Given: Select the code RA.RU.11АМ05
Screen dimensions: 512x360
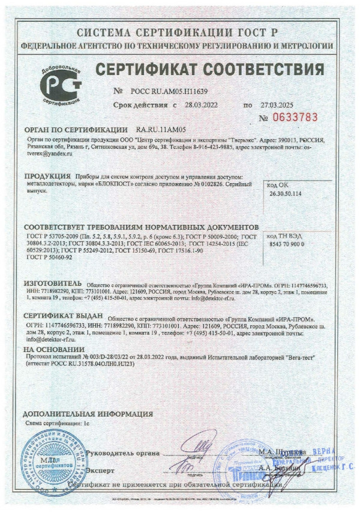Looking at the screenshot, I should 161,130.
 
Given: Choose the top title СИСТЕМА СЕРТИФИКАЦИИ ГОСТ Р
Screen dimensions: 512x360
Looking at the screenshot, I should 179,31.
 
